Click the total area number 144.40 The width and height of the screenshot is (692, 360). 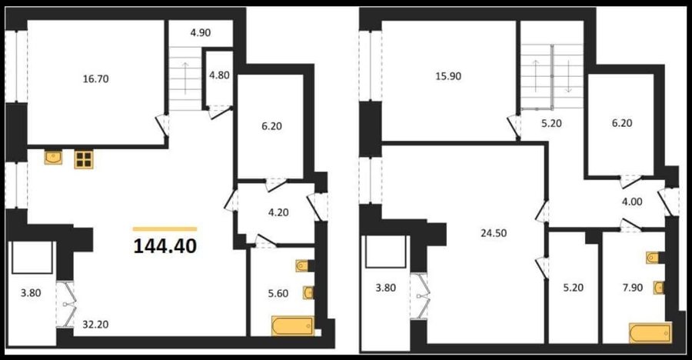[x=165, y=246]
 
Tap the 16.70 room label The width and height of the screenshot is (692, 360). [x=96, y=79]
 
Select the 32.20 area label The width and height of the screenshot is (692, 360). [x=96, y=325]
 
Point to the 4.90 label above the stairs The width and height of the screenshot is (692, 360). [x=201, y=32]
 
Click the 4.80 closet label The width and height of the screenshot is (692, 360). [x=219, y=75]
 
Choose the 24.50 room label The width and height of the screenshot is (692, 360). [x=494, y=233]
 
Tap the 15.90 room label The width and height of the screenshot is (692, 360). [x=448, y=76]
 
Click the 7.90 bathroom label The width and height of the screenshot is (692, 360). [x=633, y=288]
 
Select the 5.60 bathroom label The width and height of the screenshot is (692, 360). [x=278, y=293]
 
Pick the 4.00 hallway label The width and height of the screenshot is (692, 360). [x=632, y=202]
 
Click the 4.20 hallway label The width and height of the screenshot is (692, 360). [x=278, y=212]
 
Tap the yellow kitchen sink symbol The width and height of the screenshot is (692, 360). [x=53, y=157]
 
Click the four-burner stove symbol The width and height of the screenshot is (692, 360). [x=83, y=159]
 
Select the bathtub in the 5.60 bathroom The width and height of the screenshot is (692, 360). [x=293, y=326]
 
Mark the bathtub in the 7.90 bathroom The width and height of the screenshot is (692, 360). [x=650, y=332]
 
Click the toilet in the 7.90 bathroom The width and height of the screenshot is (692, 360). [x=653, y=258]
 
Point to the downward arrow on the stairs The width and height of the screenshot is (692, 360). [x=568, y=76]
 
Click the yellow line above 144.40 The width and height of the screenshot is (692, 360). [x=165, y=228]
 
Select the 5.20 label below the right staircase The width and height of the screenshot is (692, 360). [x=551, y=123]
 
